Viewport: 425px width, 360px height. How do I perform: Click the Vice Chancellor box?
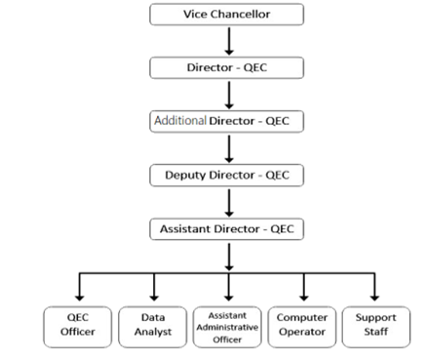click(x=226, y=15)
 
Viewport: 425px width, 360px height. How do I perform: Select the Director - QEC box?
click(x=226, y=68)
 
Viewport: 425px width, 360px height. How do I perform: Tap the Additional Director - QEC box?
click(x=226, y=122)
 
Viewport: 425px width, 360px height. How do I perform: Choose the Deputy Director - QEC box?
click(x=226, y=176)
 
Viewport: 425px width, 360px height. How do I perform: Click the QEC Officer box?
click(x=78, y=324)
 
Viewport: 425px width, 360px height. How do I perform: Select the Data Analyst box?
click(x=153, y=324)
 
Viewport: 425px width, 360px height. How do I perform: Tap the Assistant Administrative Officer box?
click(x=227, y=324)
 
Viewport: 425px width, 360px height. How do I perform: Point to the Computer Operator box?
click(x=302, y=324)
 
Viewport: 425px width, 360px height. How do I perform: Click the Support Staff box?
click(x=375, y=324)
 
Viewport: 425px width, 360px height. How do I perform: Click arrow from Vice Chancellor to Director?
click(x=226, y=41)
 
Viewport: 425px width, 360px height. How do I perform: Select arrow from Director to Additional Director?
click(x=226, y=95)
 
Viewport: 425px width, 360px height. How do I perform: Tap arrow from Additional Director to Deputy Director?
click(x=226, y=148)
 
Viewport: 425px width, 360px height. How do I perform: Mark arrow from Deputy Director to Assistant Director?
click(x=226, y=203)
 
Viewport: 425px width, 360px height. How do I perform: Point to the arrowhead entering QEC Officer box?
click(x=78, y=296)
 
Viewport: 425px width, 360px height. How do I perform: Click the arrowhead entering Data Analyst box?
click(x=153, y=296)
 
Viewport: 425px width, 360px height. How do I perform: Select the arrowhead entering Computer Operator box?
click(x=302, y=296)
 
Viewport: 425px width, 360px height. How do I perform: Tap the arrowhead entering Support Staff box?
click(x=375, y=296)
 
